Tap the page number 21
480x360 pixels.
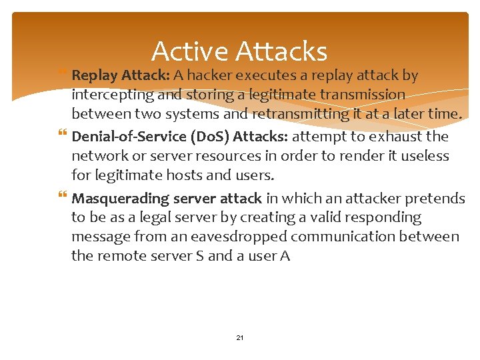coord(240,338)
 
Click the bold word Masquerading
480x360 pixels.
coord(120,198)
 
